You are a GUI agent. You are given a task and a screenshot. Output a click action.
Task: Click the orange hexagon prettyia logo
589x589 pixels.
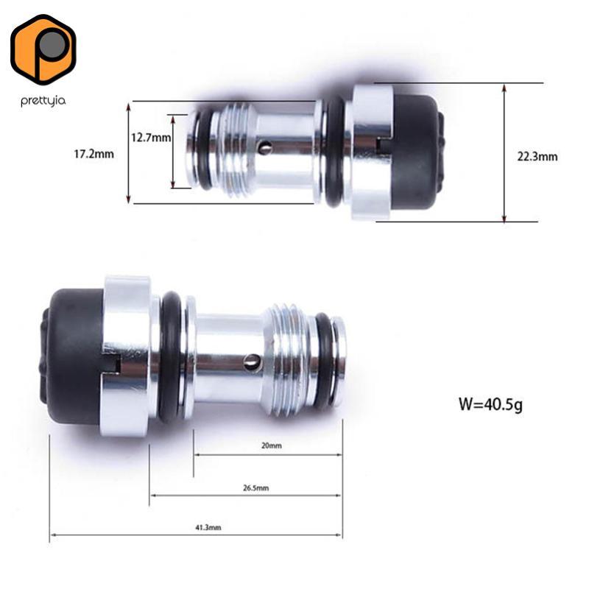43,49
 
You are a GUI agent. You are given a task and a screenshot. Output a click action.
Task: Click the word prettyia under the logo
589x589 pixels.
43,101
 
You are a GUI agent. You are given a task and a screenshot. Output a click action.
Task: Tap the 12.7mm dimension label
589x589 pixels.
151,138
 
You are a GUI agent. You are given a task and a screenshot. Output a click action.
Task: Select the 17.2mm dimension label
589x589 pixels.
94,154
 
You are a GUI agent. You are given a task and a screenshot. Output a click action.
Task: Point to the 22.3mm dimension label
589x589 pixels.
537,156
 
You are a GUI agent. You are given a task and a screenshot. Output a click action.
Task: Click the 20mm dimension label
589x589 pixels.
272,445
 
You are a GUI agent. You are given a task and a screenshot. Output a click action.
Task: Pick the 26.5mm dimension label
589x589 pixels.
255,488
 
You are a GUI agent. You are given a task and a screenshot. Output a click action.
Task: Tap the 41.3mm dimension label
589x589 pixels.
208,527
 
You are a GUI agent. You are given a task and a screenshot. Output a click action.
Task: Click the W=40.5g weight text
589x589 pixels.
490,404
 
